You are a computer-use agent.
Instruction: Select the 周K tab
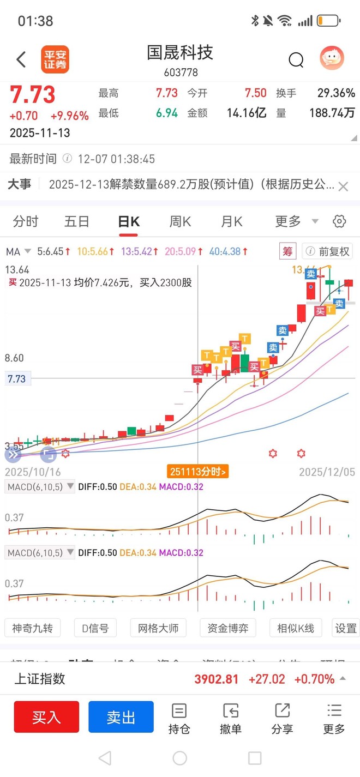[x=180, y=221]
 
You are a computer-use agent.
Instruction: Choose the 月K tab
[x=231, y=221]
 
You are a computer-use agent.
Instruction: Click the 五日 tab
[x=77, y=221]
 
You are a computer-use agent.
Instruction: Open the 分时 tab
[x=26, y=221]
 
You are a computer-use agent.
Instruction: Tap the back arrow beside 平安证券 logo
[x=21, y=59]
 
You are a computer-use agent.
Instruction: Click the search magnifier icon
[x=296, y=59]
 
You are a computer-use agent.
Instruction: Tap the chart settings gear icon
[x=339, y=221]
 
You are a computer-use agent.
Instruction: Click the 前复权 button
[x=328, y=251]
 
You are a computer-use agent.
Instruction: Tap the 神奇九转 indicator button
[x=32, y=628]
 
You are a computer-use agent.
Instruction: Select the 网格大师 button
[x=158, y=628]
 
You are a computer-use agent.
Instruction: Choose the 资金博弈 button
[x=228, y=628]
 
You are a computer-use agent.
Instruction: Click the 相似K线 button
[x=296, y=628]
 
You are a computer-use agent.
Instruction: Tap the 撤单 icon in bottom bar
[x=230, y=718]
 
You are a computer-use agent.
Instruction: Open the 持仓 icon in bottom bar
[x=179, y=718]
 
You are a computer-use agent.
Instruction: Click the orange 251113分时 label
[x=197, y=472]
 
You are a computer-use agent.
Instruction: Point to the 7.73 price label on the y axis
[x=17, y=379]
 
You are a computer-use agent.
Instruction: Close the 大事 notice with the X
[x=343, y=186]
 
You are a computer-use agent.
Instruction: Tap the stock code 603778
[x=181, y=73]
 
